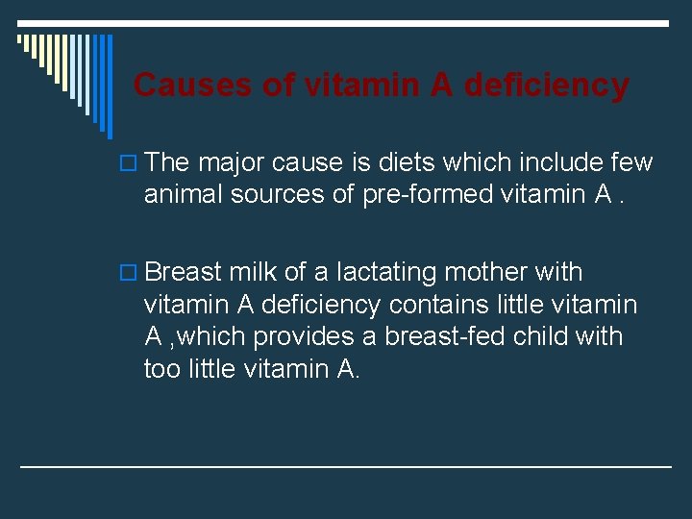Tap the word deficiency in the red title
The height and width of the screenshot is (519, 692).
tap(546, 86)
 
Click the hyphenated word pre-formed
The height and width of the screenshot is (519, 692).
tap(431, 195)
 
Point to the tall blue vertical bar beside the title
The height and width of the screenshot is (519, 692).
tap(109, 86)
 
